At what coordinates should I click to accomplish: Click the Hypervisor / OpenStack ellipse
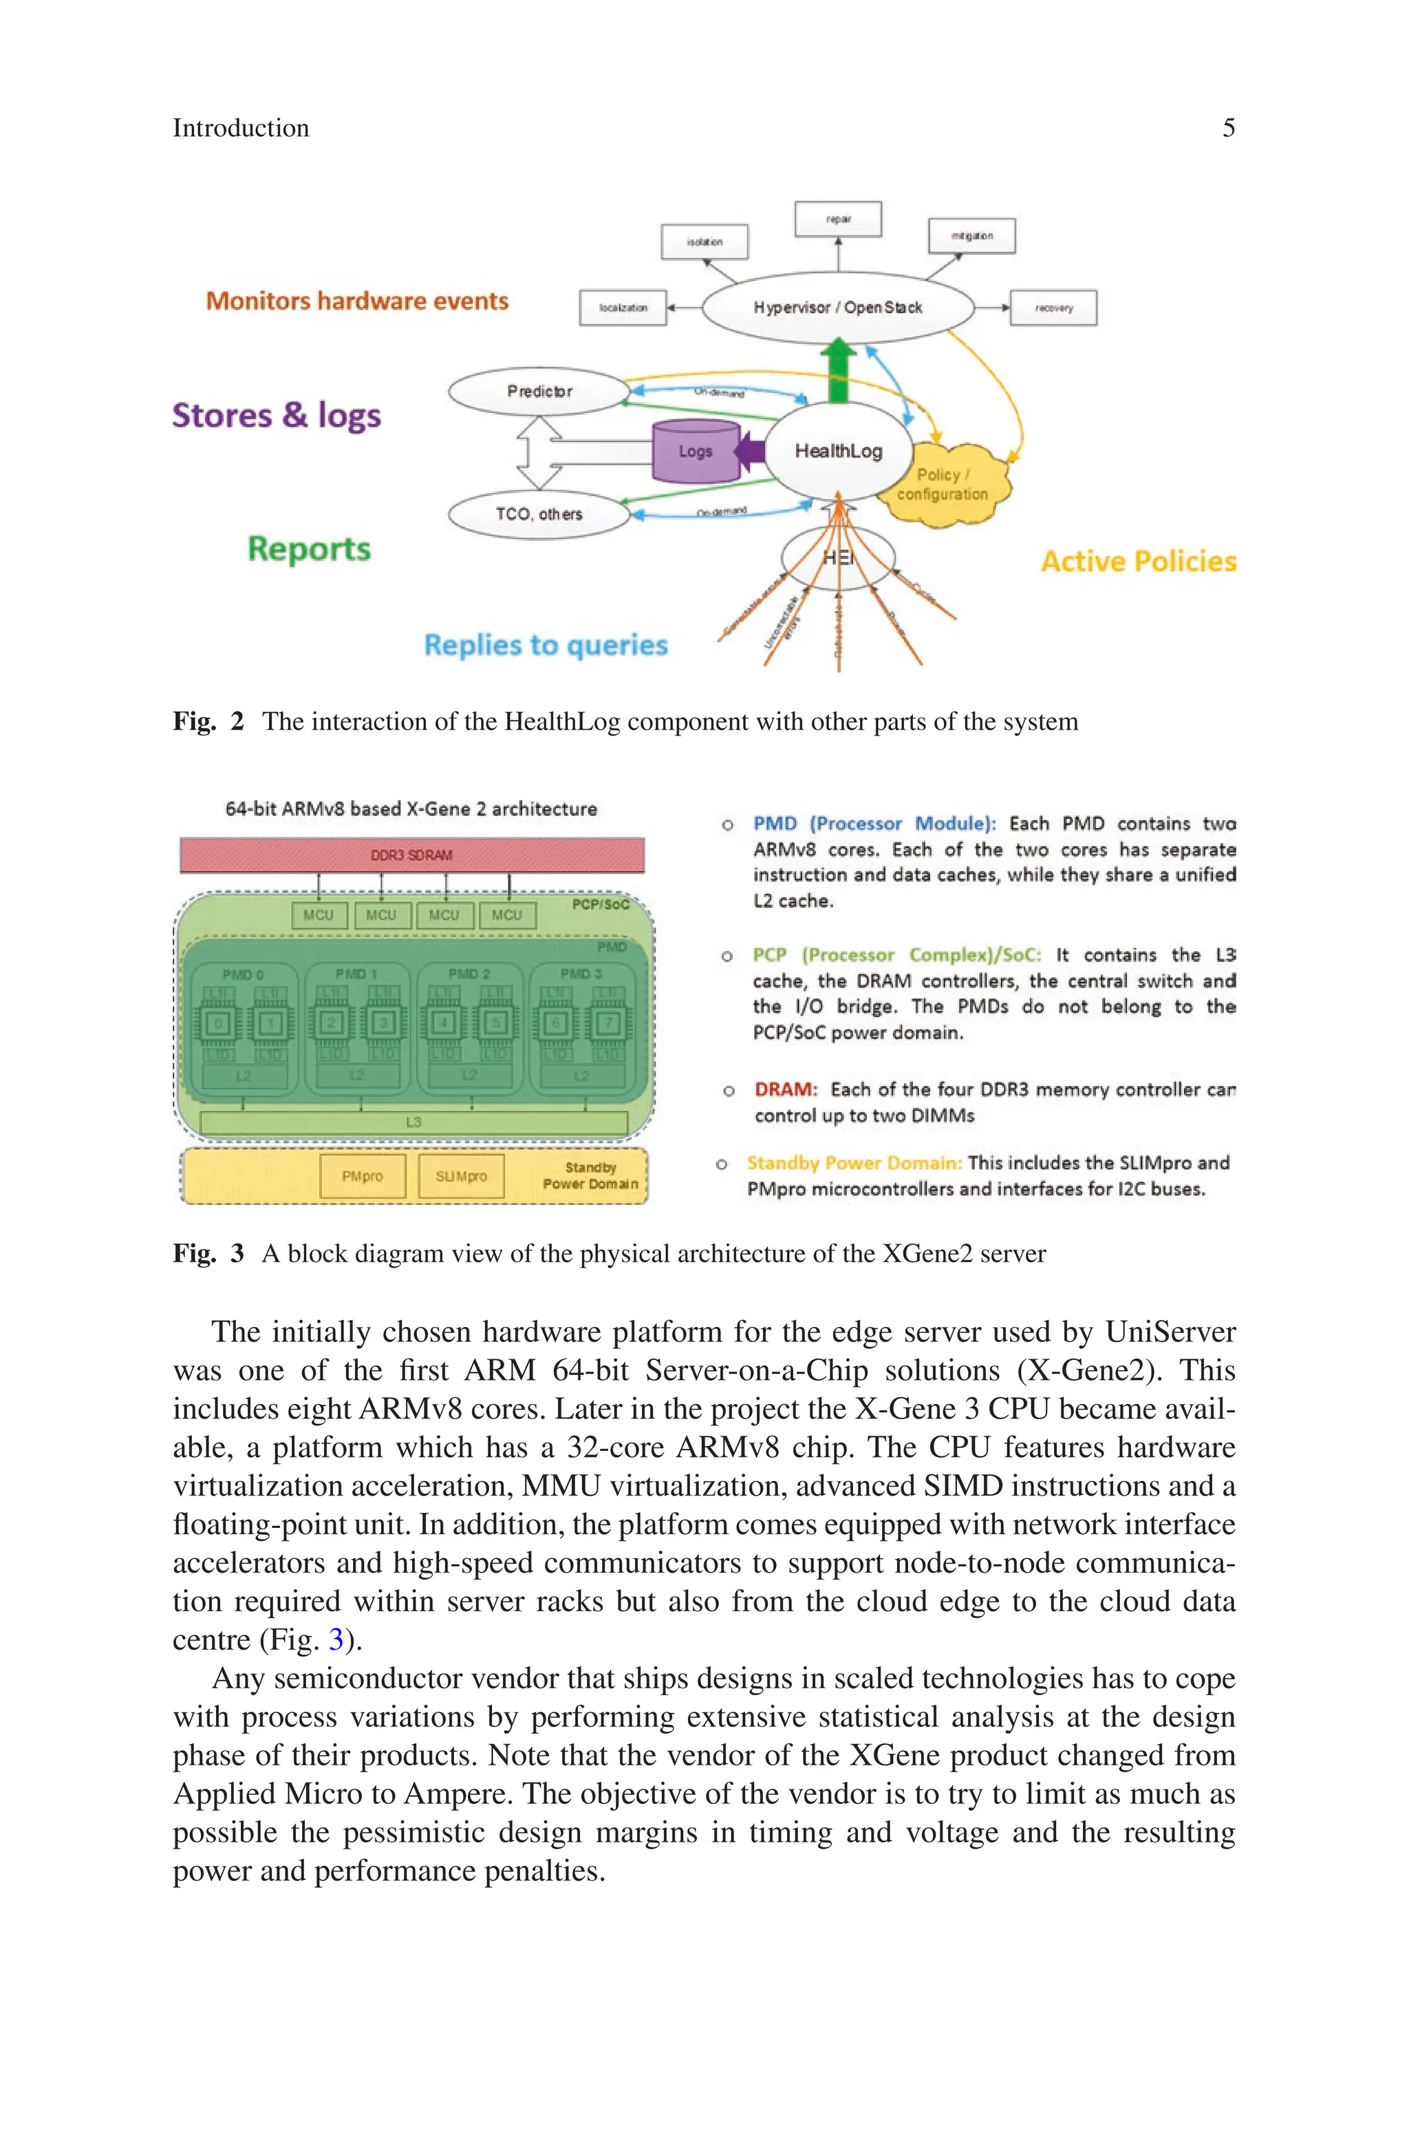click(837, 308)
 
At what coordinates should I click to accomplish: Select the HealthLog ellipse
click(837, 451)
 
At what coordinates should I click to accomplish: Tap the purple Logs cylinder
click(696, 451)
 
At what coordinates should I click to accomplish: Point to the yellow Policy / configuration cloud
click(943, 485)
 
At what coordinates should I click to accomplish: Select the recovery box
click(1053, 308)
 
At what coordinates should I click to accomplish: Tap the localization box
click(623, 308)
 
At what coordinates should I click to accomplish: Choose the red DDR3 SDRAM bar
click(411, 855)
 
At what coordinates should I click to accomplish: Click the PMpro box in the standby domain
click(362, 1176)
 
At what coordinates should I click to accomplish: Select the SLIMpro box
click(461, 1176)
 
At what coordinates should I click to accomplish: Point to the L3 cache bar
click(413, 1123)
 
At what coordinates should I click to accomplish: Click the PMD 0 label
click(243, 974)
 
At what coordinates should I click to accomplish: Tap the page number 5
click(1228, 127)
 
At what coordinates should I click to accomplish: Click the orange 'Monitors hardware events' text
click(357, 301)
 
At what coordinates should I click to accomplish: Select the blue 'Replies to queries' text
click(546, 646)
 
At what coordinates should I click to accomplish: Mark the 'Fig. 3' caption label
click(208, 1253)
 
